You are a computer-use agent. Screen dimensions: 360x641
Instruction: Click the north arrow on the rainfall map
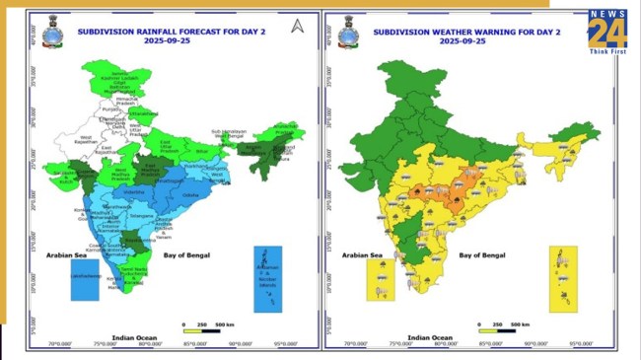pos(295,26)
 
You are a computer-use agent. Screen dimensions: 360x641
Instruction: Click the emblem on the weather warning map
pos(347,35)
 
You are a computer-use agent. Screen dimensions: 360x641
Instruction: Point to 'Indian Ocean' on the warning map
pos(452,336)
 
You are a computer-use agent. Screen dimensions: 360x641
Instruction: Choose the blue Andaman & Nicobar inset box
pos(268,278)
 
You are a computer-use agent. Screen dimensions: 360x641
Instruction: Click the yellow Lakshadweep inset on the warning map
pos(380,279)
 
